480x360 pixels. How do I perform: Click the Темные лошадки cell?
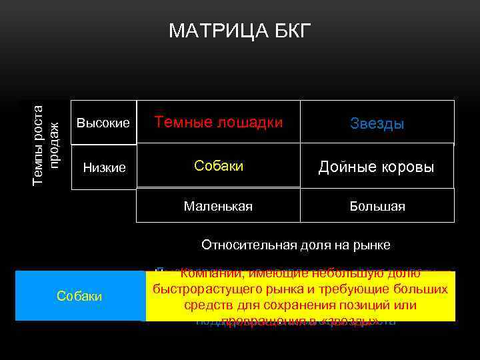219,122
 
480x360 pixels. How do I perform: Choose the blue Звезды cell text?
377,124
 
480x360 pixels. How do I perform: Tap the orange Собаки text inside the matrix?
219,165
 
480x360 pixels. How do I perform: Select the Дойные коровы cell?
376,167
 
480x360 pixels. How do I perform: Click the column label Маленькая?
219,207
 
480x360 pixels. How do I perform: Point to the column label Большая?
377,207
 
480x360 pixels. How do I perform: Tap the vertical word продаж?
56,145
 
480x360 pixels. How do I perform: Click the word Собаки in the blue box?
79,296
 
